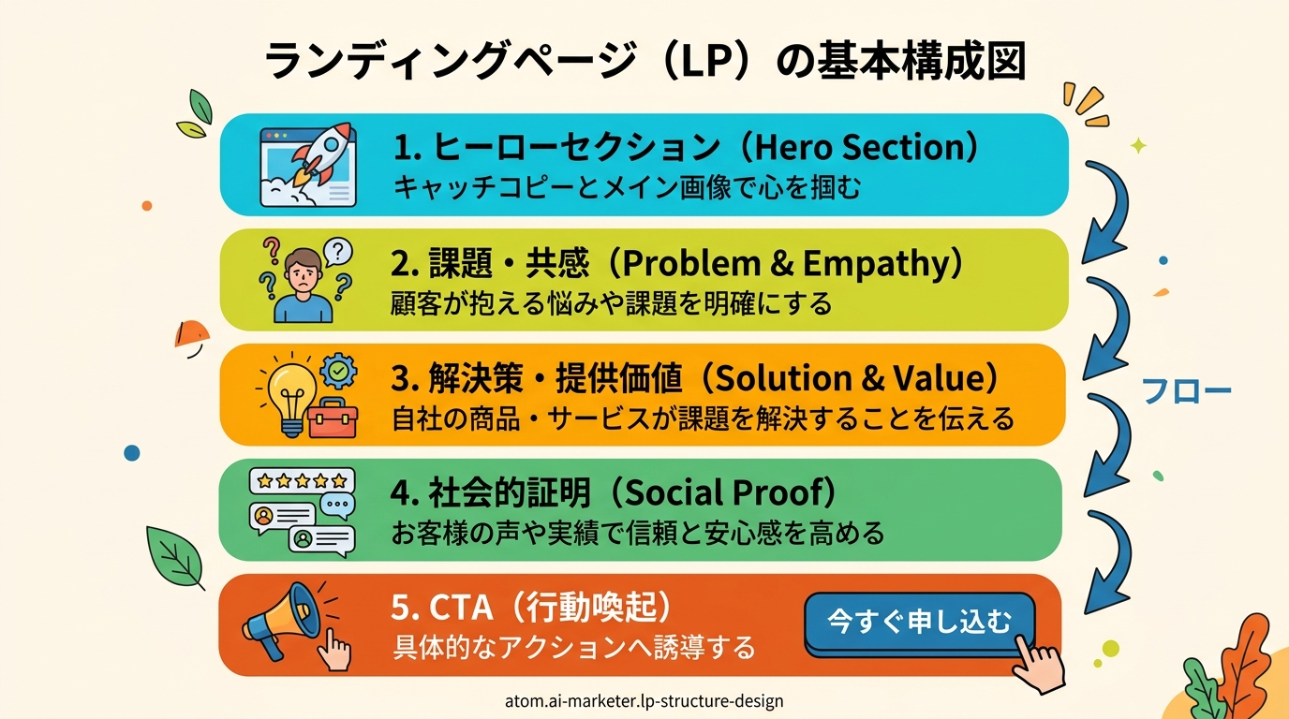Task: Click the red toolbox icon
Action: click(x=333, y=418)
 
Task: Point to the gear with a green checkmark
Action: click(x=338, y=371)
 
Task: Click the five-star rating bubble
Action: click(x=302, y=481)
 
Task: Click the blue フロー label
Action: click(x=1186, y=392)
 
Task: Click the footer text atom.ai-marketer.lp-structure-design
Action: click(x=644, y=701)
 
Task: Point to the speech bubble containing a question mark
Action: click(x=338, y=252)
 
